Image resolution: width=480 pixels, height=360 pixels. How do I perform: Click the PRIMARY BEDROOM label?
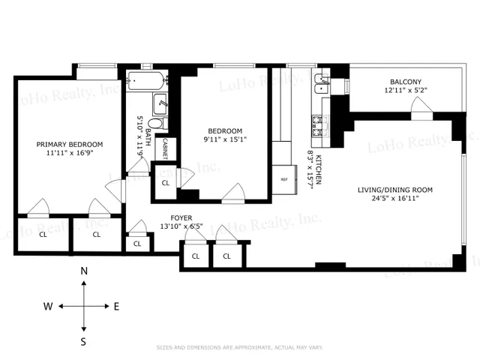(x=70, y=144)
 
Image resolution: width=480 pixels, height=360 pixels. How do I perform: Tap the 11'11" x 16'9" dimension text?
(x=70, y=154)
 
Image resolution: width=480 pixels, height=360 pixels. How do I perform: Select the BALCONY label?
(x=405, y=82)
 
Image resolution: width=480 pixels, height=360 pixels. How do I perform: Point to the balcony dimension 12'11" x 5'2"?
(x=405, y=91)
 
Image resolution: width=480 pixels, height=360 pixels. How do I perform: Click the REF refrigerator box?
(x=284, y=179)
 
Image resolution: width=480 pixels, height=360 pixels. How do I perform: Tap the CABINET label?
(x=165, y=148)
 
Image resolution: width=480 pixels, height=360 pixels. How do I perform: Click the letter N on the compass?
(x=84, y=271)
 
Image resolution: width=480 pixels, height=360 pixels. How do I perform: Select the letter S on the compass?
(x=84, y=341)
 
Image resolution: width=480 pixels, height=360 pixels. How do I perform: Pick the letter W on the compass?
(x=47, y=306)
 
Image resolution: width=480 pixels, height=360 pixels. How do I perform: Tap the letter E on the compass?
(x=116, y=306)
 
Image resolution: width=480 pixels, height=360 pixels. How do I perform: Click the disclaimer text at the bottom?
(x=239, y=347)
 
